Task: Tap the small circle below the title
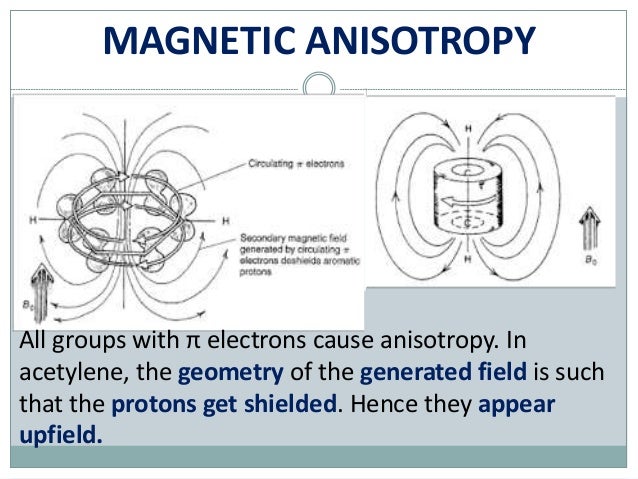tap(318, 84)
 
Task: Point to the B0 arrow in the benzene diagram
tap(41, 286)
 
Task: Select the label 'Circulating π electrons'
tap(295, 161)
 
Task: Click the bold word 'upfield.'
tap(60, 437)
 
